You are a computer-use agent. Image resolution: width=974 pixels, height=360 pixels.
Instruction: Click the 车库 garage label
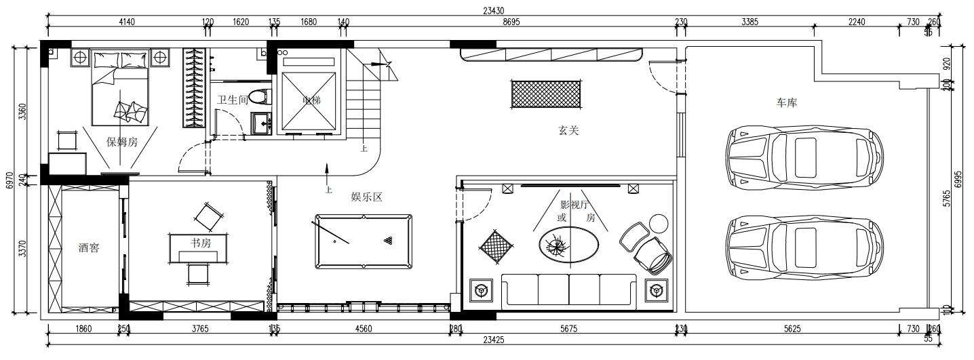coord(787,103)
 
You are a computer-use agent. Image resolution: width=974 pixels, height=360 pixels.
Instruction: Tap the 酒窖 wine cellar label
coord(89,248)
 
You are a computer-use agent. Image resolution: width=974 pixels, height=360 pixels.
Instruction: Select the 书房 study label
coord(201,242)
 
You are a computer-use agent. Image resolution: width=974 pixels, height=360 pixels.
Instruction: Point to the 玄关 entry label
coord(568,131)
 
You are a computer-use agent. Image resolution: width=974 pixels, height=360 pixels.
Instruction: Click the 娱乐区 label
coord(367,197)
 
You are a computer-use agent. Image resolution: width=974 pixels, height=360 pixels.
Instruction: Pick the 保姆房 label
coord(122,142)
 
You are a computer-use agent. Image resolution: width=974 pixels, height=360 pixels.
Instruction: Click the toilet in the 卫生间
coord(259,97)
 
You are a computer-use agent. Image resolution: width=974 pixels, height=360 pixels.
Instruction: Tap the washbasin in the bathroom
coord(261,123)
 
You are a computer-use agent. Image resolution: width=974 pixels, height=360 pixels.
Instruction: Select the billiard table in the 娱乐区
coord(363,241)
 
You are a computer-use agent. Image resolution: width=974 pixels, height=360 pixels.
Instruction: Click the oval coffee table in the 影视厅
coord(569,245)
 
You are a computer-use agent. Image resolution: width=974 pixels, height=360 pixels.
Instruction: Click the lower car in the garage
coord(804,247)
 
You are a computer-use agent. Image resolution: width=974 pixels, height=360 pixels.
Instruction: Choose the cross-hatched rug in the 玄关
coord(546,94)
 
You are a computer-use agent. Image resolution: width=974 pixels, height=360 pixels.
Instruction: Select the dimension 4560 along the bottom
coord(363,329)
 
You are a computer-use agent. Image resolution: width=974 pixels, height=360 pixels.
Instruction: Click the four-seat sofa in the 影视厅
coord(568,289)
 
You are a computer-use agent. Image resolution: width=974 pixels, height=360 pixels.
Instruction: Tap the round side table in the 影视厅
coord(659,222)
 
